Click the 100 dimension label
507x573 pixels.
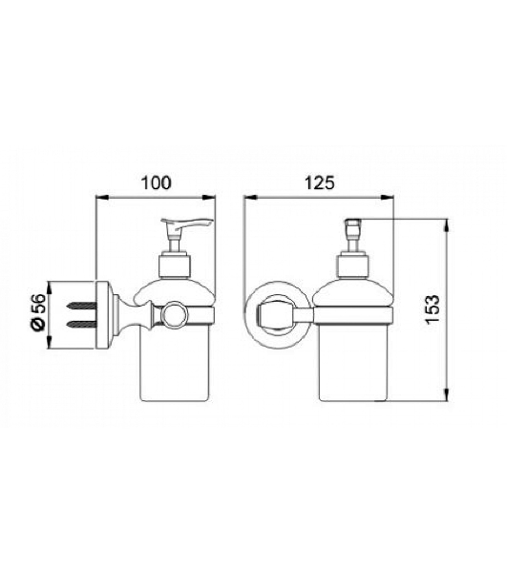[x=156, y=182]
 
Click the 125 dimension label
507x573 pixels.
[x=320, y=182]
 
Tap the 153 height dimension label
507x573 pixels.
[x=433, y=309]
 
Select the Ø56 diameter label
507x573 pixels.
[x=39, y=311]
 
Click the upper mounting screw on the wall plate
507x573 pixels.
[x=82, y=305]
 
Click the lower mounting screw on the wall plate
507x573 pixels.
[x=82, y=324]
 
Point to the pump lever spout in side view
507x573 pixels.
[x=187, y=223]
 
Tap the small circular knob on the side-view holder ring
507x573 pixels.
[x=175, y=313]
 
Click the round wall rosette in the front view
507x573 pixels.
[x=277, y=314]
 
